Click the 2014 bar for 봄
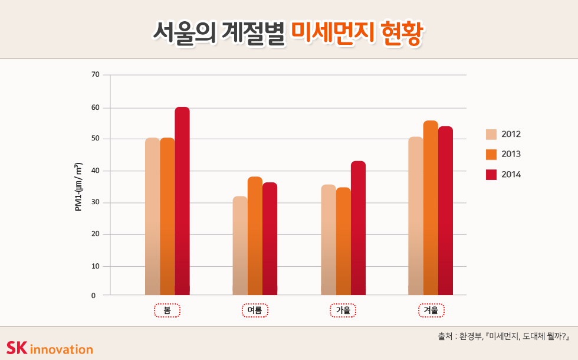(x=182, y=201)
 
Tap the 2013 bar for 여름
(x=255, y=235)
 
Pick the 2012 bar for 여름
(x=240, y=246)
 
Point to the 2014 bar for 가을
(x=358, y=228)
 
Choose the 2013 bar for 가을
(x=343, y=241)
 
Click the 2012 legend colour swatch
(x=491, y=134)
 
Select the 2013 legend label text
(x=511, y=154)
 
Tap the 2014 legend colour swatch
(x=491, y=175)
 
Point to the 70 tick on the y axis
(x=96, y=75)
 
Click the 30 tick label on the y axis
(x=96, y=202)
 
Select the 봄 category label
(x=167, y=310)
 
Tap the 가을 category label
(x=343, y=310)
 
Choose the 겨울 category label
(x=431, y=310)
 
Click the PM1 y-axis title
(x=78, y=186)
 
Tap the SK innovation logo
(x=50, y=348)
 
